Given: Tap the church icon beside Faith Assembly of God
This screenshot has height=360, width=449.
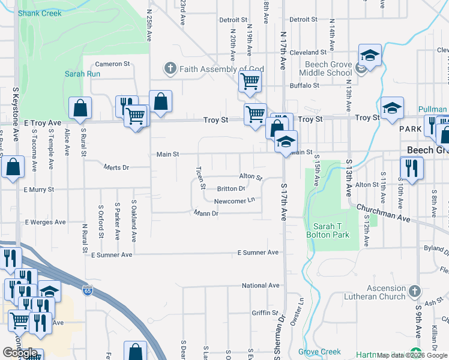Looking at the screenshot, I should [x=170, y=68].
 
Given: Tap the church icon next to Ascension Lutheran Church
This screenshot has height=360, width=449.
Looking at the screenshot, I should [x=414, y=292].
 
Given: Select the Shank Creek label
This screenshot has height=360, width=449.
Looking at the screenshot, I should [x=40, y=13].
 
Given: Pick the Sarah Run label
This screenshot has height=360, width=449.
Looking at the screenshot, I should [x=83, y=74].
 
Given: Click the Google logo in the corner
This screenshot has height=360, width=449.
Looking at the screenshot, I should [x=20, y=353].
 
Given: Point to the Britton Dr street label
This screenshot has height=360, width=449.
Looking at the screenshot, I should [x=231, y=188].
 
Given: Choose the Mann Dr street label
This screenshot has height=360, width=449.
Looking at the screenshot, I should [x=205, y=213].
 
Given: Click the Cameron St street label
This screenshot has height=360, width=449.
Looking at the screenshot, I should [x=112, y=64].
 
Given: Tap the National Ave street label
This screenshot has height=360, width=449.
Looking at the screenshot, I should [x=261, y=286].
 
